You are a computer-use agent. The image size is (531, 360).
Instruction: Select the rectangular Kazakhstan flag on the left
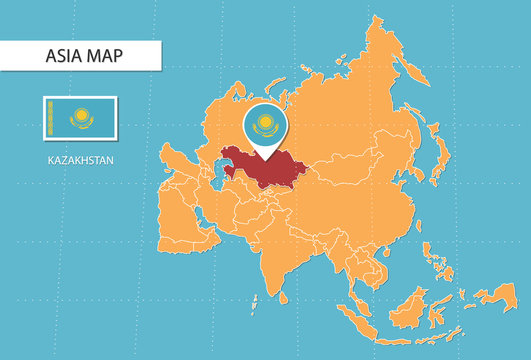[80, 118]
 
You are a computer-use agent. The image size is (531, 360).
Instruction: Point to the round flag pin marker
[263, 127]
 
